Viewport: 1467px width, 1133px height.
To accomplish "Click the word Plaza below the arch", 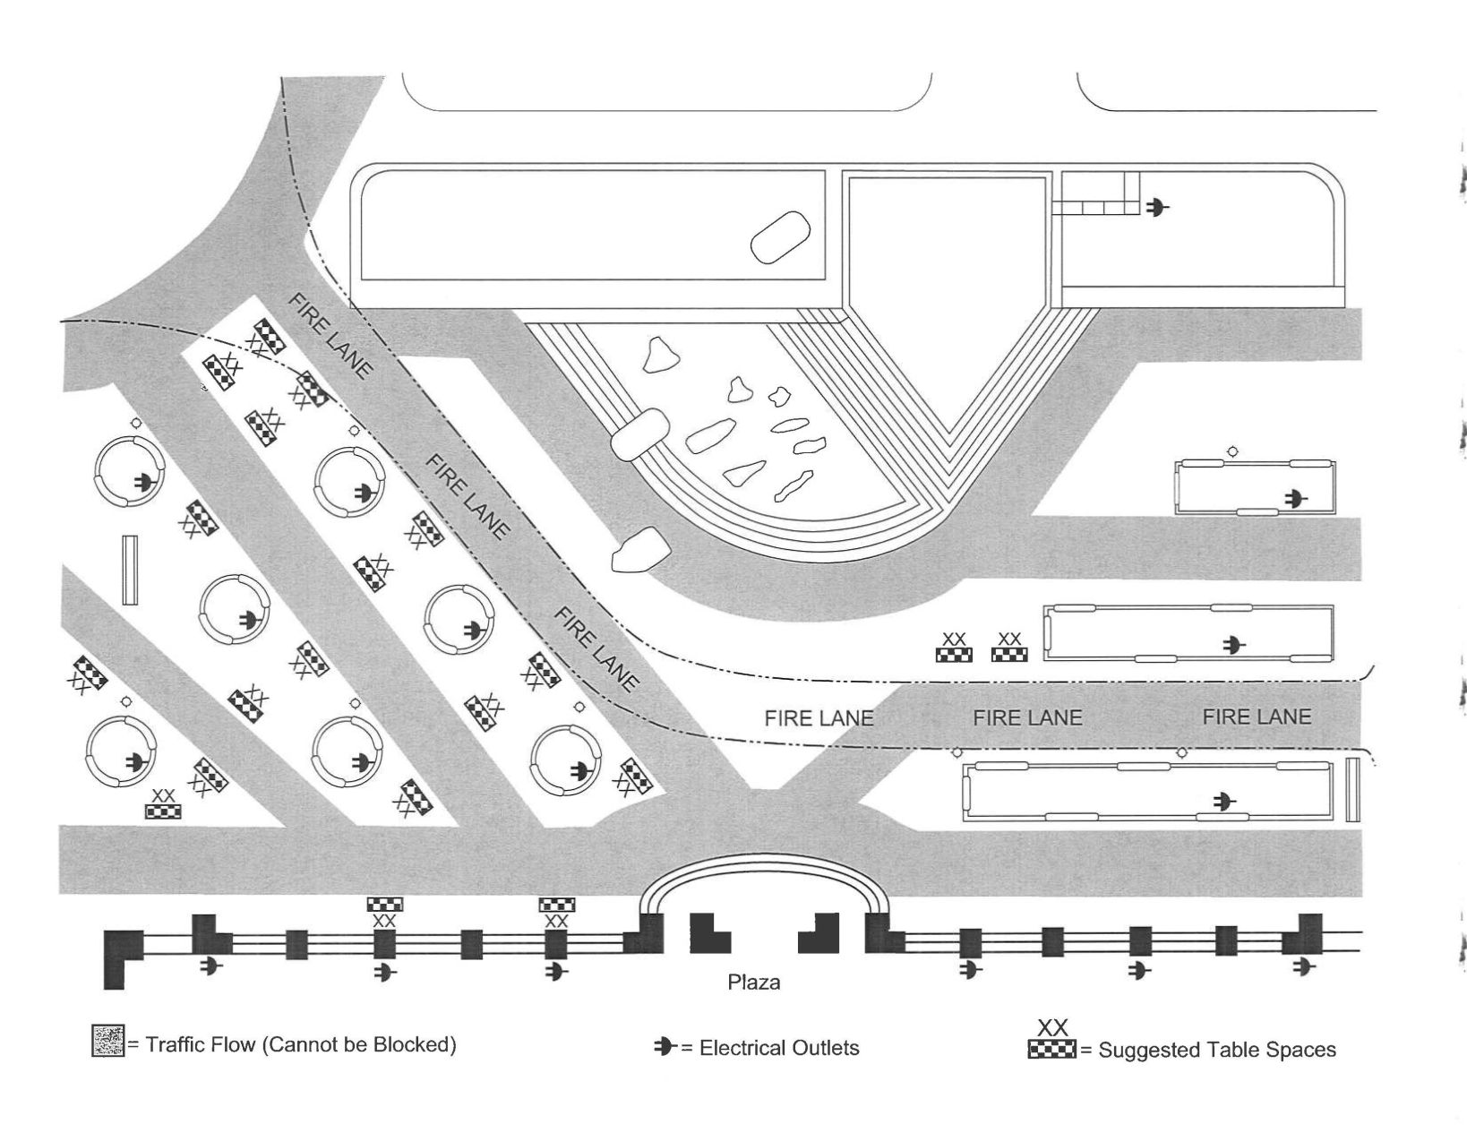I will pos(753,983).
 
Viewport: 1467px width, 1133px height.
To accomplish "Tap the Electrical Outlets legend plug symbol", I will pos(665,1046).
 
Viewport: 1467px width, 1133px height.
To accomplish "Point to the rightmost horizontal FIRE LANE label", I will pos(1256,717).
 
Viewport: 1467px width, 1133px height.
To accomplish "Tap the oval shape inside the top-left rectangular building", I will pos(780,236).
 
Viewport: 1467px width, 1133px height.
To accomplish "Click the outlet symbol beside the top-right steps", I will pos(1156,208).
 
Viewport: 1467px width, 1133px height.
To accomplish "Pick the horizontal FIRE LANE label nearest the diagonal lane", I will pos(819,718).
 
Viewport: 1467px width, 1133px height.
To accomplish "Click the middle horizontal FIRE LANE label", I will pos(1027,717).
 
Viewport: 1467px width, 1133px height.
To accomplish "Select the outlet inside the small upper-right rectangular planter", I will pos(1295,498).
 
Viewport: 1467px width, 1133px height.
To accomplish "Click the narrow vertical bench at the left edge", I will pos(130,570).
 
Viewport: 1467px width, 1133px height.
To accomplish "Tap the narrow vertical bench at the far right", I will pos(1352,789).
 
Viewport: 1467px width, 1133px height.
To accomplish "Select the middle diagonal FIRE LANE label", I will pos(467,496).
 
